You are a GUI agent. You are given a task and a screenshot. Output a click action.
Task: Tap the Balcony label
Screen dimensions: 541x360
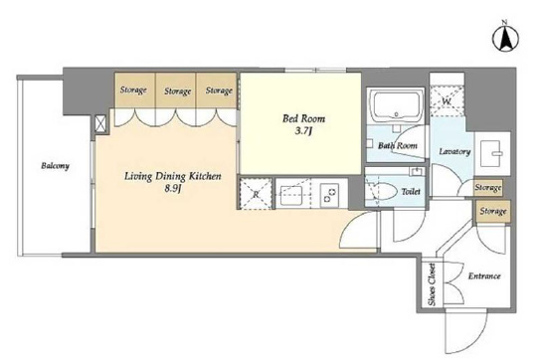(56, 166)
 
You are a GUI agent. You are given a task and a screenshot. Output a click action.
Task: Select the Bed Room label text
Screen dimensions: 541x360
(303, 118)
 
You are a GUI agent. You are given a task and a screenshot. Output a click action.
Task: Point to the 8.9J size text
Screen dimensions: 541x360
(173, 189)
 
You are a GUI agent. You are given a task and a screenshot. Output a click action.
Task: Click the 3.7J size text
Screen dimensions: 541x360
(303, 131)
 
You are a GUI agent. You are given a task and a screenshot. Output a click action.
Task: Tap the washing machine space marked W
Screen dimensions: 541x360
(447, 101)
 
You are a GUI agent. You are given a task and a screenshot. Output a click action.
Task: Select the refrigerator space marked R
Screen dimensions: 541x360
(256, 194)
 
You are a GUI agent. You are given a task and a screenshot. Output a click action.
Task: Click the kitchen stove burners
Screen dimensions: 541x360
(329, 195)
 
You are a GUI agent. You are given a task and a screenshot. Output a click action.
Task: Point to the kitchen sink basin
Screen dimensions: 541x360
(291, 196)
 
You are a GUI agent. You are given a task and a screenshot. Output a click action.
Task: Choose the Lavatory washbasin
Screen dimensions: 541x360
(492, 153)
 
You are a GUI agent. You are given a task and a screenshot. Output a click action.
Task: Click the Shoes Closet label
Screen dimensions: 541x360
(432, 284)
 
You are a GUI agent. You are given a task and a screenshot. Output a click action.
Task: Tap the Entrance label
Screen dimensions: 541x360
(484, 276)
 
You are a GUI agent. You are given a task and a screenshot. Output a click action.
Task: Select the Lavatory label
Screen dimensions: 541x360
(454, 151)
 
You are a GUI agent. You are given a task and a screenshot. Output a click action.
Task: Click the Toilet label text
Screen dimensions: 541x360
(411, 191)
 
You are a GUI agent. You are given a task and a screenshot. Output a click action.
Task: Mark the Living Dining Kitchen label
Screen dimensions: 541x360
(172, 176)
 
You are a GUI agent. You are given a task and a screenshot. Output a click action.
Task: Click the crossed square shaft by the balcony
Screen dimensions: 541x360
(100, 123)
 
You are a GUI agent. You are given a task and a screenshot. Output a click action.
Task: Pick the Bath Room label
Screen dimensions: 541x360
(398, 145)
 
